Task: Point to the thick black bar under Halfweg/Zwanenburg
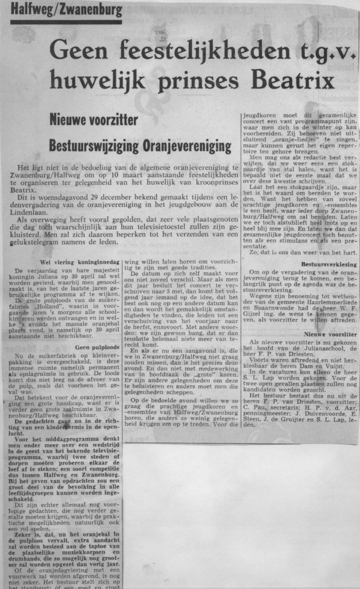coord(66,22)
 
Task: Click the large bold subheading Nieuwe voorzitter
coord(94,120)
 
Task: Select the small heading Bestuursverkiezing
coord(329,265)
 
